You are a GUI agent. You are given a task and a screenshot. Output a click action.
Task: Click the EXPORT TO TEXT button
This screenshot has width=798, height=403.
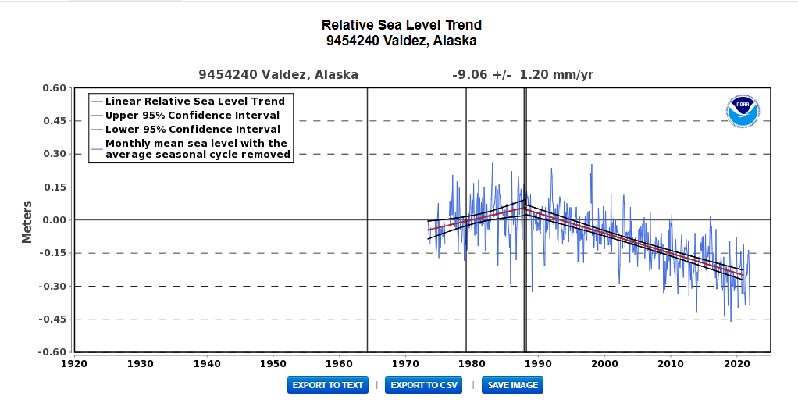[x=328, y=385]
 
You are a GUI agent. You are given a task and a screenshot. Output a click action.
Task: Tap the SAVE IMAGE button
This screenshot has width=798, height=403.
[x=512, y=385]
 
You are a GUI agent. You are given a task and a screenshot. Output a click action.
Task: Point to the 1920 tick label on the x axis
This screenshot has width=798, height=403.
[x=73, y=363]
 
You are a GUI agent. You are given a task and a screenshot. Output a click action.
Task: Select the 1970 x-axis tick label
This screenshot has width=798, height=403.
[x=405, y=363]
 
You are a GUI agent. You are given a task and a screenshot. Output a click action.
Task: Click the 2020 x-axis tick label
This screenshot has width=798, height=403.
[x=737, y=363]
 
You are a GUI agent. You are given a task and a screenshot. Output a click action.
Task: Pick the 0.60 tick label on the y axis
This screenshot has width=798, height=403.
[x=55, y=88]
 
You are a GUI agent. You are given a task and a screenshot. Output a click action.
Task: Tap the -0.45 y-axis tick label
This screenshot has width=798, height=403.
[x=52, y=319]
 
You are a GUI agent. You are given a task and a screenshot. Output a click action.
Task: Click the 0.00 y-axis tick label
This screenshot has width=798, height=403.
[x=55, y=220]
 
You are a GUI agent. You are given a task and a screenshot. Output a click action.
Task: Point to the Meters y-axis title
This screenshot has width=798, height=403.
[x=27, y=221]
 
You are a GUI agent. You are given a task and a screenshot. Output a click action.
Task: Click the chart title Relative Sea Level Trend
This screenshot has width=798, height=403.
[x=401, y=26]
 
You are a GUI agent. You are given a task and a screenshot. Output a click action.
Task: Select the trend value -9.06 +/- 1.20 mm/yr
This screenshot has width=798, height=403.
[x=522, y=75]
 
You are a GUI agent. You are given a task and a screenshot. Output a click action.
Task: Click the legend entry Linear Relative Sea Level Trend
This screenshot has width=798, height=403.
[x=194, y=101]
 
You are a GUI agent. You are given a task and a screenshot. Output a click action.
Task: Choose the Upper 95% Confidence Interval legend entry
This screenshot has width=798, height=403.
[x=192, y=115]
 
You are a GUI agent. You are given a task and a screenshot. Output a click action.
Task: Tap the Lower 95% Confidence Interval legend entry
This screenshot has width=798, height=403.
[x=192, y=129]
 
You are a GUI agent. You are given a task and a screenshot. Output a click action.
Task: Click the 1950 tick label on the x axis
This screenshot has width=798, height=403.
[x=273, y=363]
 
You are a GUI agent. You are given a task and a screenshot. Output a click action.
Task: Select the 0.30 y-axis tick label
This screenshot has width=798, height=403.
[x=55, y=154]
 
